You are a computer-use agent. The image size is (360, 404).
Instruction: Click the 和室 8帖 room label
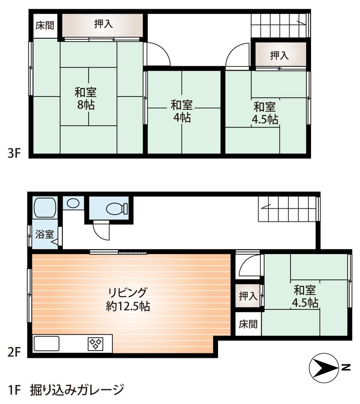coord(85,99)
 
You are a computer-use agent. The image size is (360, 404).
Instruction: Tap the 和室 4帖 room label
coord(181,112)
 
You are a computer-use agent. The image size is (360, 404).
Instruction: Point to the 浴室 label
coord(44,234)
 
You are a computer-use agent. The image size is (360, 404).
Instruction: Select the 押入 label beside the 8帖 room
coord(104,24)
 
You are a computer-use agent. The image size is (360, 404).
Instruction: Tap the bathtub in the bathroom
coord(44,208)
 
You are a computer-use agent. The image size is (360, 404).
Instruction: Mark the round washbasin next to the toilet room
coord(73,203)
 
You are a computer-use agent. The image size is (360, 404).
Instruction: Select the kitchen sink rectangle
coord(47,344)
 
